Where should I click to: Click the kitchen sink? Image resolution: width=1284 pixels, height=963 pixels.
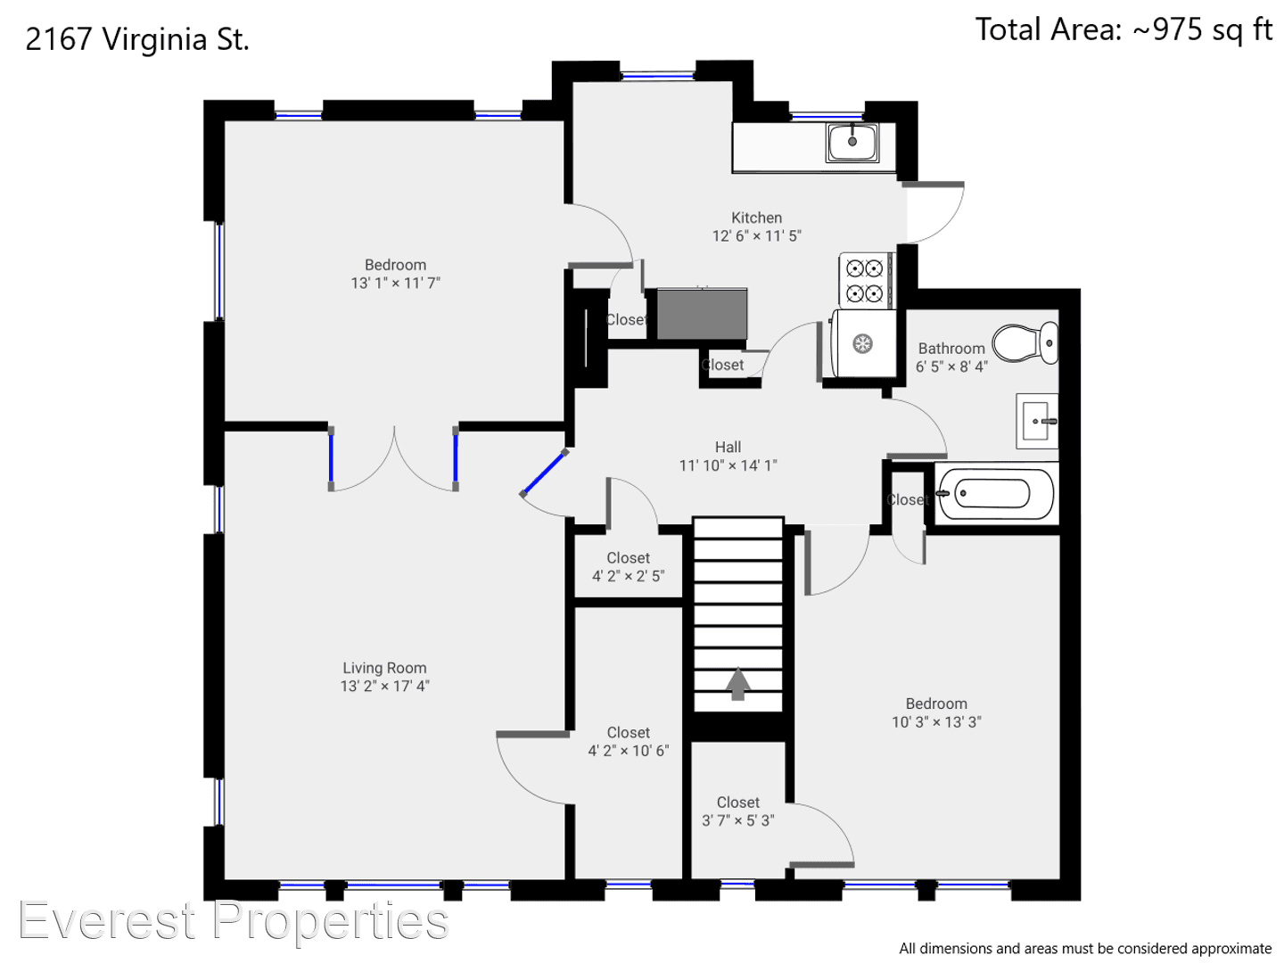(852, 143)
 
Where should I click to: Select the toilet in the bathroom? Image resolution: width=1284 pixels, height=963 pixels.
(1025, 342)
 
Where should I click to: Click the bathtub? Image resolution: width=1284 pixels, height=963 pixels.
(996, 493)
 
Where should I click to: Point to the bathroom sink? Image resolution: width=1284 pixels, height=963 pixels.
(1037, 421)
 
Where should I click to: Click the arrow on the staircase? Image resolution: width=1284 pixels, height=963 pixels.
(738, 684)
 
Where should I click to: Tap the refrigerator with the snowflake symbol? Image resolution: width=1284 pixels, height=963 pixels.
(863, 343)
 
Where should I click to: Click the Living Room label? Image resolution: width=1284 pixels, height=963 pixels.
(384, 668)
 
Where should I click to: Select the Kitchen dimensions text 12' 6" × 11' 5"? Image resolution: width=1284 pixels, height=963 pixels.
(756, 235)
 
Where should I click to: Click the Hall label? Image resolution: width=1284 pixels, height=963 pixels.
(728, 448)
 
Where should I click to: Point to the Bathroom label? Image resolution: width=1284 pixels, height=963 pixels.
(951, 349)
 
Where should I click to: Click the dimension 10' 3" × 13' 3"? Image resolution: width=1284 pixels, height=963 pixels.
(936, 722)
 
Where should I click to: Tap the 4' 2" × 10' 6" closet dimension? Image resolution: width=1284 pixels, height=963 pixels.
(629, 751)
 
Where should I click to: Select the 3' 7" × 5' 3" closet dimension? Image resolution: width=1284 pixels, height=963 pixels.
(737, 820)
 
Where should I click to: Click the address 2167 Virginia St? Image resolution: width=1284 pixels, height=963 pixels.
(137, 40)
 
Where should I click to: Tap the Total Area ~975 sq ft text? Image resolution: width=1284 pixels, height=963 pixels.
(1123, 29)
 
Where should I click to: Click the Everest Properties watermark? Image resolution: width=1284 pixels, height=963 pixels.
(234, 921)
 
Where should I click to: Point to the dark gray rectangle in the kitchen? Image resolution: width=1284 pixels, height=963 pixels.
(702, 313)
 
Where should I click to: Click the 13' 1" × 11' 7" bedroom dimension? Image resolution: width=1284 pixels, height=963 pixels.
(395, 283)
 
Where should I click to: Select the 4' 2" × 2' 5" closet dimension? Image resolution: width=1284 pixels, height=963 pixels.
(628, 576)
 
